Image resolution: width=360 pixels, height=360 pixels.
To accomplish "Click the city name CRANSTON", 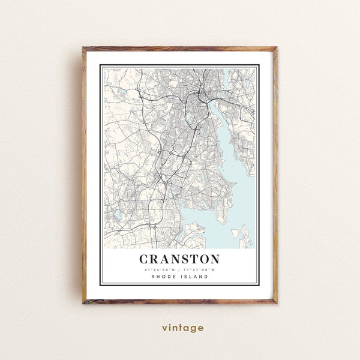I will coord(179,259).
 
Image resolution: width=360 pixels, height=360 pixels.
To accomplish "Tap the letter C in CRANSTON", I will coord(145,259).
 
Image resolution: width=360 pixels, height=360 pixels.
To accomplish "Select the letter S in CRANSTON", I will coord(181,259).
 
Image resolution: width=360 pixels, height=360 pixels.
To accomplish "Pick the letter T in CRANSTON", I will coord(191,259).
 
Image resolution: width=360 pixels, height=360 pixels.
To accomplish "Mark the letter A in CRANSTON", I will coord(167,259).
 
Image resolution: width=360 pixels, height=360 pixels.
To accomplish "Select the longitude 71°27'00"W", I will coord(200,269).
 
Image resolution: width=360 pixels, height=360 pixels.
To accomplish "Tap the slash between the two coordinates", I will coord(180,269).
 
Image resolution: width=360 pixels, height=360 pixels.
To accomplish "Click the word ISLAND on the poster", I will coord(195,277).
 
